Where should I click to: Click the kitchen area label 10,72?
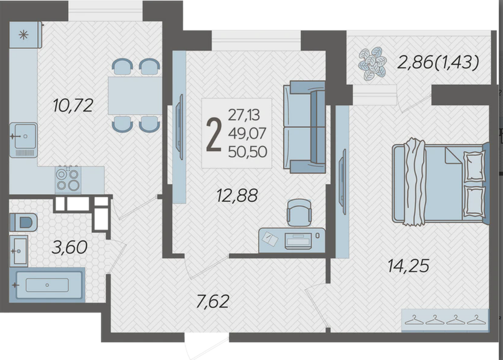tap(73, 105)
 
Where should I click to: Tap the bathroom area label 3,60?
tap(69, 247)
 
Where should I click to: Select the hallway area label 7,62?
tap(213, 301)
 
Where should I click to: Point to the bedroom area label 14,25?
tap(408, 266)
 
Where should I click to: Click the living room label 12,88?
tap(237, 195)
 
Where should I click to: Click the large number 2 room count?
tap(214, 135)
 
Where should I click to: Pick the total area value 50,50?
tap(247, 152)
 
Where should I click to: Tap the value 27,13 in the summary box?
tap(244, 115)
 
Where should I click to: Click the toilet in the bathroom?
tap(23, 222)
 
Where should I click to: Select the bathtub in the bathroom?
tap(47, 285)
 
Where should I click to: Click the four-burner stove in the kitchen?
tap(68, 180)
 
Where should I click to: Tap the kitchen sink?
tap(23, 140)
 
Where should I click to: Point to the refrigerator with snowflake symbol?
tap(26, 35)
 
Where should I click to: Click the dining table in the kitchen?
tap(135, 95)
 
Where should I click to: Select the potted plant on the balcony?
tap(372, 63)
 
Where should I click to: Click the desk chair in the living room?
tap(299, 213)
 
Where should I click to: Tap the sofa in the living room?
tap(304, 127)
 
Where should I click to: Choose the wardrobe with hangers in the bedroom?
tap(445, 320)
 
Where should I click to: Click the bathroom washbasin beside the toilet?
tap(18, 251)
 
